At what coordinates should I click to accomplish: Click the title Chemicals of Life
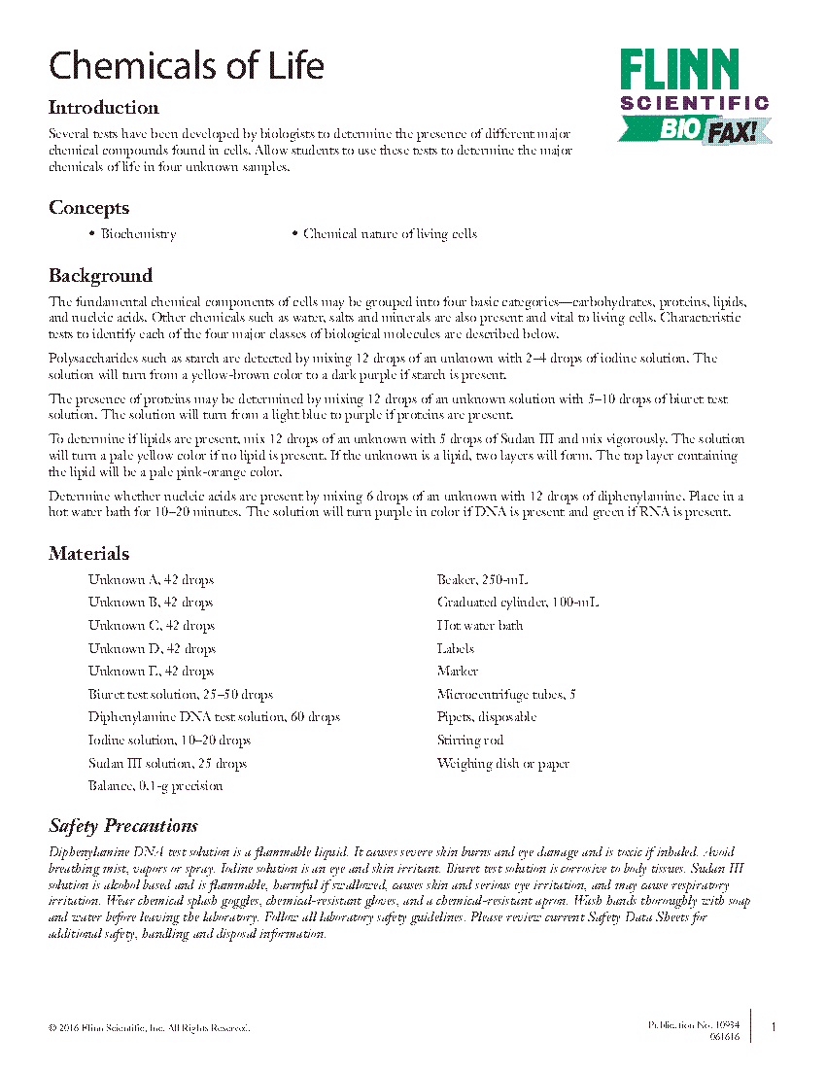coord(186,66)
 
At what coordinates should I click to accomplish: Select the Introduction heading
coord(104,108)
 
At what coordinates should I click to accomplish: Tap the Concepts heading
coord(88,208)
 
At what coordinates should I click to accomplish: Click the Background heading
coord(100,276)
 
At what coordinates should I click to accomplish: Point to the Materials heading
coord(88,554)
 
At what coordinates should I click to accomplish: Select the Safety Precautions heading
coord(123,826)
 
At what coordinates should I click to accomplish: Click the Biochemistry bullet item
coord(138,234)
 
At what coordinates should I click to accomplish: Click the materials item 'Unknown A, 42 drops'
coord(151,580)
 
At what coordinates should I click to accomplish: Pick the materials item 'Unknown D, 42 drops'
coord(152,649)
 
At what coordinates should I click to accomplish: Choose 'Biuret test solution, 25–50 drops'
coord(181,695)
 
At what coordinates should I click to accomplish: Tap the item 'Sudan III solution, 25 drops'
coord(167,764)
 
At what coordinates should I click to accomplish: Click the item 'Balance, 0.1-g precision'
coord(155,786)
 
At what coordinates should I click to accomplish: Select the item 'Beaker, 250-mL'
coord(482,580)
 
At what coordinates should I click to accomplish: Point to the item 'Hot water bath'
coord(480,626)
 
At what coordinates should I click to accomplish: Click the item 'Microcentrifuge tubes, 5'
coord(506,695)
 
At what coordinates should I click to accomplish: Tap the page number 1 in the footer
coord(773,1028)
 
